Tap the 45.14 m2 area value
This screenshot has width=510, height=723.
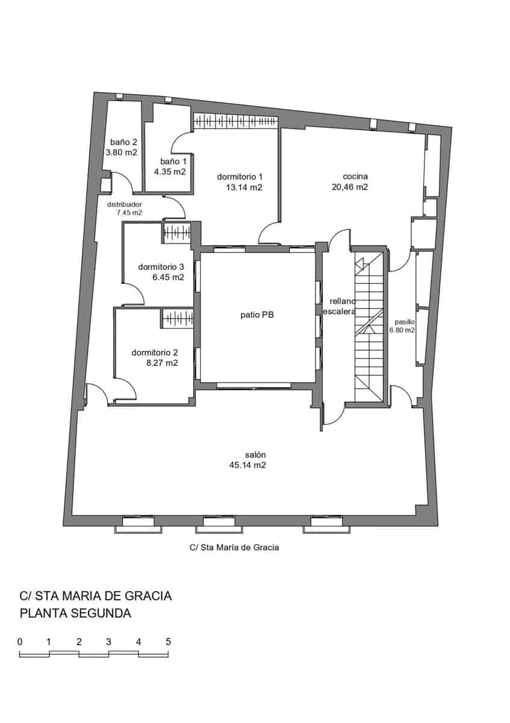247,466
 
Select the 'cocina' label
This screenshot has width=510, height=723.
355,177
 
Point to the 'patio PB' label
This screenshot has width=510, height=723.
258,315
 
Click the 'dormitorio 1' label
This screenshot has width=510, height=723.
240,177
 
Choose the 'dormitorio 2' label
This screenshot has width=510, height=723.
155,352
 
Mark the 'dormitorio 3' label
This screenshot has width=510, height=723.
161,267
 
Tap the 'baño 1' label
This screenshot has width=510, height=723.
173,161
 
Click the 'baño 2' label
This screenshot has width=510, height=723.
123,142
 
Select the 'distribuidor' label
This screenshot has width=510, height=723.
125,204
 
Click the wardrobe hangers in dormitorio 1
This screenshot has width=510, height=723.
235,122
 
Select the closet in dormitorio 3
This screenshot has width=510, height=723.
177,232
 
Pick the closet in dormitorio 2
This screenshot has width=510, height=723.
177,318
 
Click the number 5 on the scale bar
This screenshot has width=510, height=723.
168,642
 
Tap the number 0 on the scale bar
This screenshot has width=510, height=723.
20,642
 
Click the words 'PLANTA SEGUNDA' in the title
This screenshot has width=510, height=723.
75,614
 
